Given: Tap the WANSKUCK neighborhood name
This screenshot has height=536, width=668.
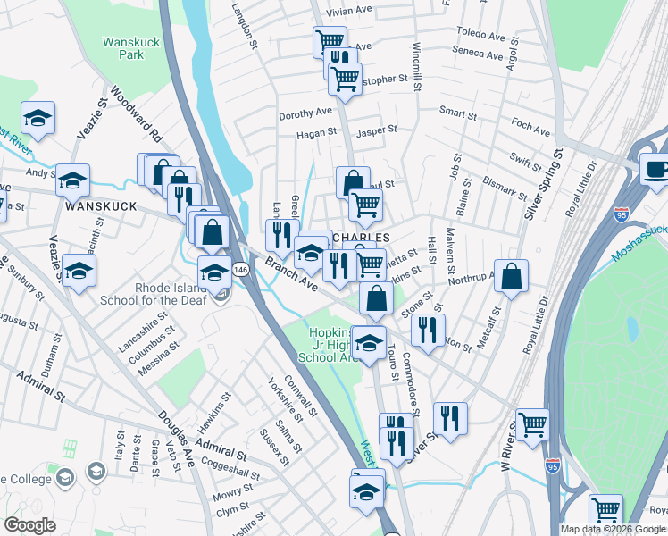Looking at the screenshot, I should pyautogui.click(x=100, y=205).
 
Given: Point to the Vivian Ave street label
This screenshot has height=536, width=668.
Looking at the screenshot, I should pyautogui.click(x=349, y=10).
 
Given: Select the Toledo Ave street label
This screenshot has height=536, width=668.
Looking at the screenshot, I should pyautogui.click(x=480, y=35).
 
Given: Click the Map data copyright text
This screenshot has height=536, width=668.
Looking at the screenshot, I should pyautogui.click(x=613, y=529).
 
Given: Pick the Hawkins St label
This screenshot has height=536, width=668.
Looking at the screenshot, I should pyautogui.click(x=214, y=406).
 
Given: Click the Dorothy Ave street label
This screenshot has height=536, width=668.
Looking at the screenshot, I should pyautogui.click(x=305, y=113).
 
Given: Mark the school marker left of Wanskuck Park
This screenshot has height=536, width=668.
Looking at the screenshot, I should pyautogui.click(x=38, y=118).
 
